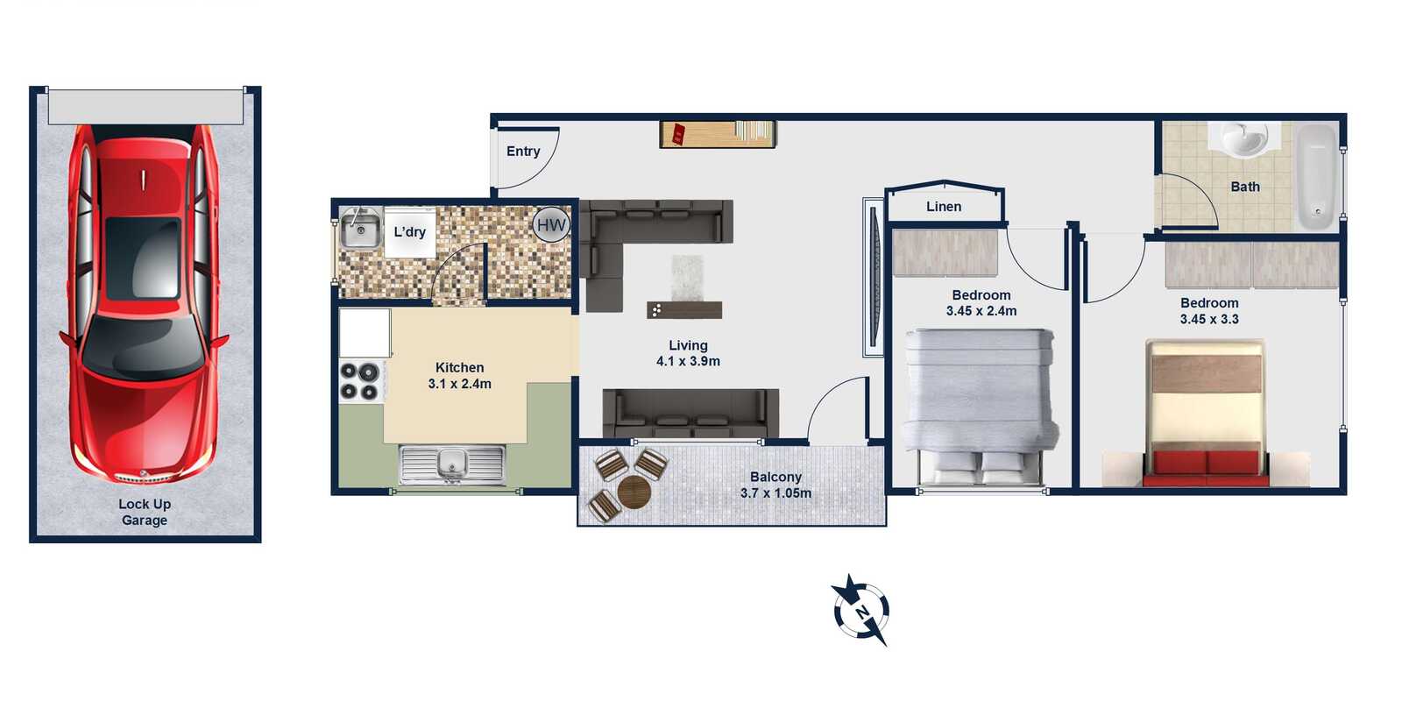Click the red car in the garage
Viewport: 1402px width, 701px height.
(144, 303)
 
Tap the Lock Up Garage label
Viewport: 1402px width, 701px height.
(145, 512)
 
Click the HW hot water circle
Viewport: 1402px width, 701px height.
(551, 224)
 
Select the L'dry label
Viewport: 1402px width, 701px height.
(410, 232)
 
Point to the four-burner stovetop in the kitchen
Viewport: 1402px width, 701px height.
(360, 380)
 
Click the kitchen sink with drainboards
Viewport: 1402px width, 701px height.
(452, 465)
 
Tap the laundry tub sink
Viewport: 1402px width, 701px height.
(360, 229)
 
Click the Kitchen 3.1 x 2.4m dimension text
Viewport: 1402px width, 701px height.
(460, 376)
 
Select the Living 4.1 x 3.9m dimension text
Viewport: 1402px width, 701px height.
(688, 353)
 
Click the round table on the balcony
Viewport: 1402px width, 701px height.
(634, 492)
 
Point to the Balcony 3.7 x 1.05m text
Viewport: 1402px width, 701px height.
(776, 485)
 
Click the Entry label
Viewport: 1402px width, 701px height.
(523, 151)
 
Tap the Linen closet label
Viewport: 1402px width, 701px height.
(944, 207)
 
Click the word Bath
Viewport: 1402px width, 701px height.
(1245, 187)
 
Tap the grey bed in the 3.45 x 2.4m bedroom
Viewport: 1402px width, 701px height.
(981, 407)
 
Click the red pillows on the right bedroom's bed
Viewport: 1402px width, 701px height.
(1206, 464)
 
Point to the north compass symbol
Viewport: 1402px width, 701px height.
(860, 610)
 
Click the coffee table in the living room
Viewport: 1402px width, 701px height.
(684, 310)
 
